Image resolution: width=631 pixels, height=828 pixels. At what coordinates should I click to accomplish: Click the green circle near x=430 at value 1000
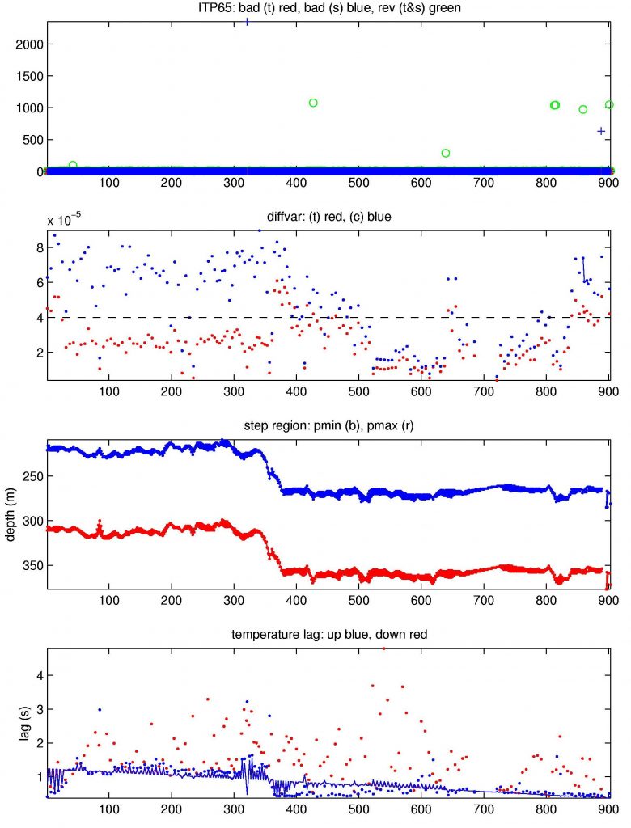click(x=313, y=103)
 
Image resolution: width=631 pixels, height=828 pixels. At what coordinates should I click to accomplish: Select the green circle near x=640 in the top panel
click(x=446, y=153)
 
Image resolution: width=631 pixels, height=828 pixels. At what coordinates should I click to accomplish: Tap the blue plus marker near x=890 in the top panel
click(x=601, y=131)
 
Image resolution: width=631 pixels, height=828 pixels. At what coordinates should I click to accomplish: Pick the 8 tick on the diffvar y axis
click(x=36, y=247)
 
